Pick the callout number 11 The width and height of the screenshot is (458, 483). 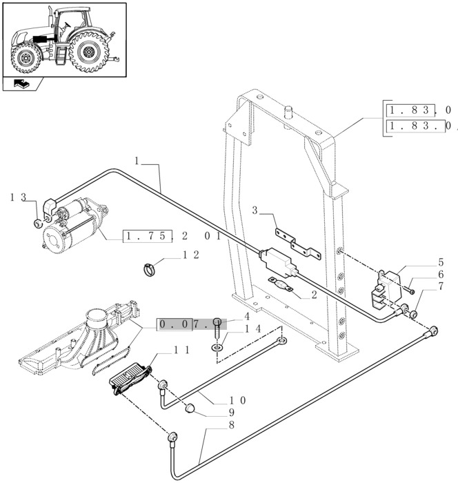coord(181,351)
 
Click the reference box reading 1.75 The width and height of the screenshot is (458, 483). coord(144,236)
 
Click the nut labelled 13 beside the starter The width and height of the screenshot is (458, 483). coord(35,224)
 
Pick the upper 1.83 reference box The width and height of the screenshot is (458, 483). coord(410,110)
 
